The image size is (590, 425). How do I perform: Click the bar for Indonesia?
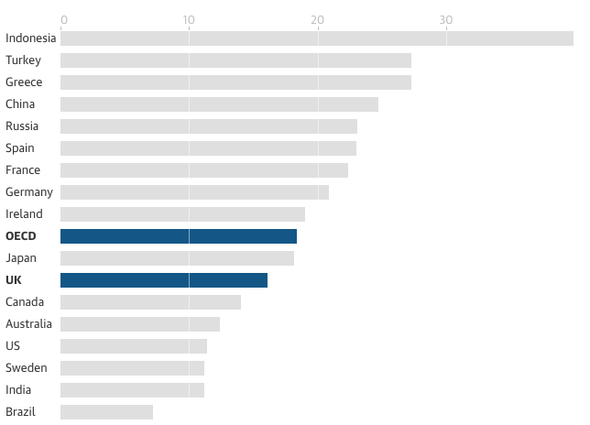tap(316, 38)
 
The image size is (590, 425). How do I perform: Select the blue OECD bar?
tap(179, 236)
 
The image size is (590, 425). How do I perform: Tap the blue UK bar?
tap(164, 280)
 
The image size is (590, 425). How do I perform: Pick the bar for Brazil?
tap(106, 412)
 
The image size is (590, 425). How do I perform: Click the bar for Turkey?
tap(235, 60)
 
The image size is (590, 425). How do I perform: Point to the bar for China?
tap(219, 104)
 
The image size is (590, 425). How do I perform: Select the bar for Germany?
tap(194, 192)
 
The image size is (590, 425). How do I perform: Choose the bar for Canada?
tap(150, 302)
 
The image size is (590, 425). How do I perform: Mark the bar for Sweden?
tap(132, 368)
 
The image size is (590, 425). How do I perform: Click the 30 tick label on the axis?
tap(446, 20)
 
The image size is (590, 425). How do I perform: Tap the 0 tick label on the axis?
tap(63, 20)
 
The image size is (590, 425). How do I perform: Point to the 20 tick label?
tap(318, 20)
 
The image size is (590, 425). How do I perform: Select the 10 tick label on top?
tap(189, 20)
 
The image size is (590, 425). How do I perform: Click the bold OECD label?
tap(21, 236)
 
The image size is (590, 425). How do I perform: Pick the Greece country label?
tap(24, 82)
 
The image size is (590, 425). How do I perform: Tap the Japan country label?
tap(21, 258)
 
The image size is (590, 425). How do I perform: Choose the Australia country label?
tap(28, 324)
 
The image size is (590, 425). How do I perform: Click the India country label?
tap(18, 390)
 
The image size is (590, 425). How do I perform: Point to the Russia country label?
tap(22, 126)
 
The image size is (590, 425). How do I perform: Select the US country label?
tap(13, 346)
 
